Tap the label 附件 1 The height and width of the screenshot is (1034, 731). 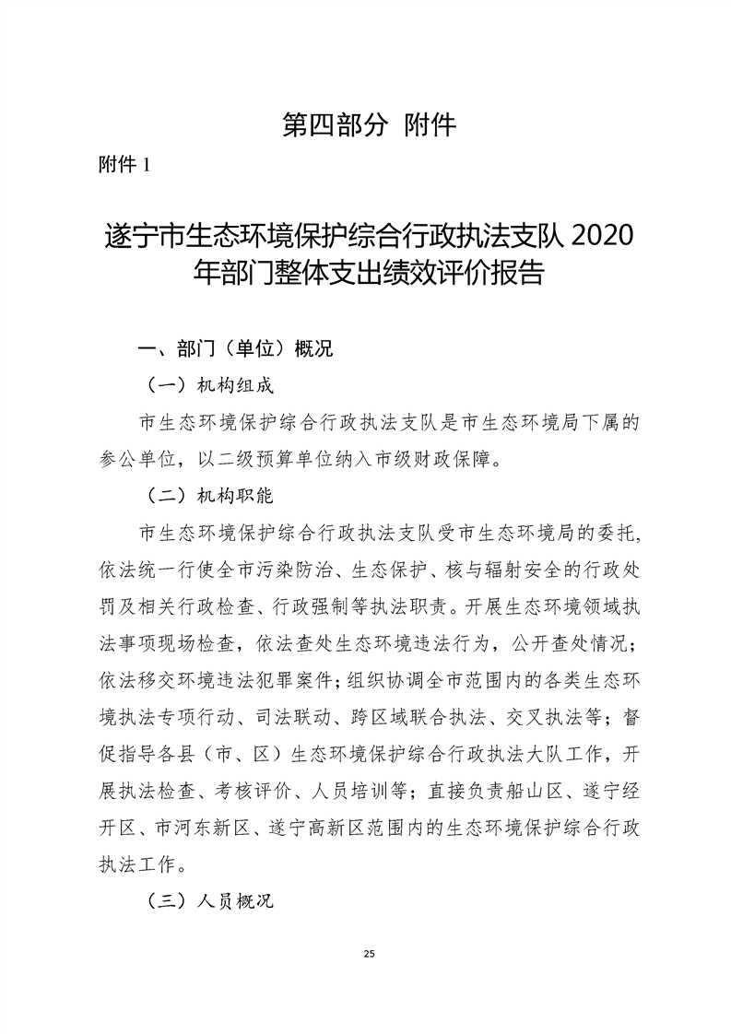click(x=124, y=165)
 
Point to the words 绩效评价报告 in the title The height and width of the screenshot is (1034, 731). click(x=459, y=275)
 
